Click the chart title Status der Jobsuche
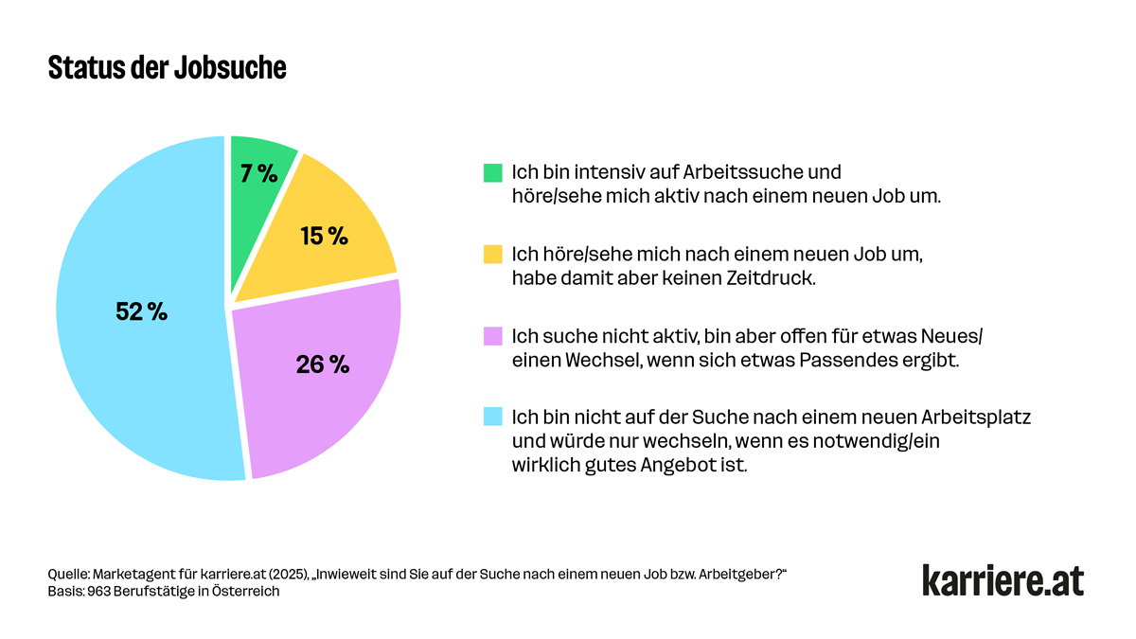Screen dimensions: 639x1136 pos(167,69)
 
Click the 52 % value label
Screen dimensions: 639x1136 pos(141,311)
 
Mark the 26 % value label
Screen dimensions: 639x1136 pos(323,364)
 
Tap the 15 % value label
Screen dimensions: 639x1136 pos(325,236)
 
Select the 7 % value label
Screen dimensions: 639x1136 pos(258,173)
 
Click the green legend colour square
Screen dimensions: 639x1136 pos(492,173)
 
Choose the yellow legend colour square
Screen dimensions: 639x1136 pos(492,255)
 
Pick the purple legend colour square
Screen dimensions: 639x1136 pos(492,336)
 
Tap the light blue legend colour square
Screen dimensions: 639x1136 pos(492,417)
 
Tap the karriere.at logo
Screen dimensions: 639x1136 pos(1003,580)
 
